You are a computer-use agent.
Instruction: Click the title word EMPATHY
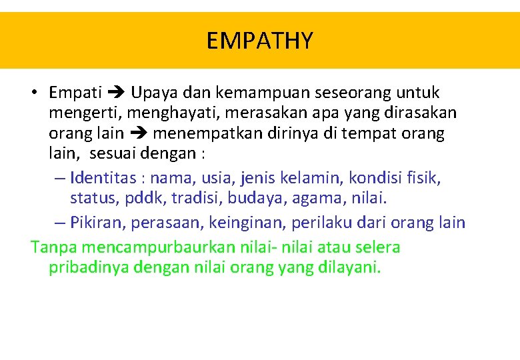tap(259, 41)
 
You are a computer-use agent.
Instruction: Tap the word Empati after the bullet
tap(75, 93)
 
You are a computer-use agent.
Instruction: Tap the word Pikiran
tap(93, 222)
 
